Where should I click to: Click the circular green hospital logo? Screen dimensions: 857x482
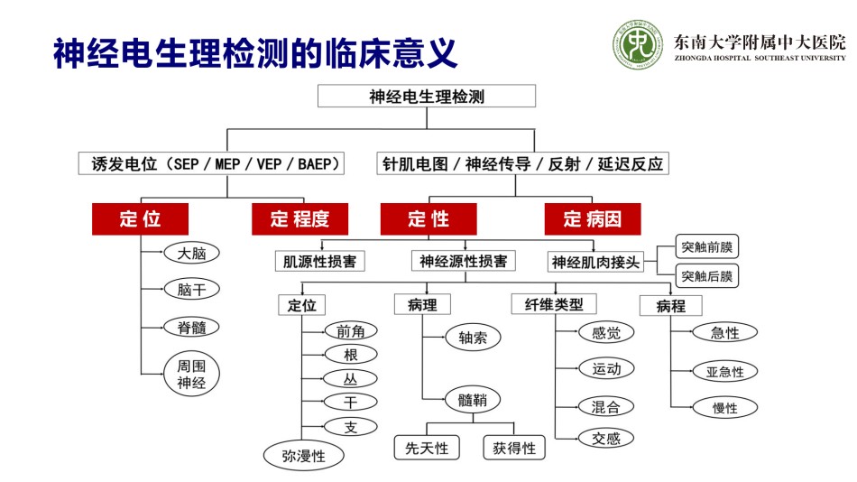tap(637, 45)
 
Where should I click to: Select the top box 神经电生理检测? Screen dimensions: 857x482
tap(427, 97)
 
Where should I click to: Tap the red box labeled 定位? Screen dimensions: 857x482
tap(141, 218)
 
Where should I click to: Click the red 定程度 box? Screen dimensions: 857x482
tap(299, 218)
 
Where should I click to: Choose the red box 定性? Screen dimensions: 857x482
tap(428, 218)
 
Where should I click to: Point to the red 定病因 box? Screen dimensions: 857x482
tap(593, 218)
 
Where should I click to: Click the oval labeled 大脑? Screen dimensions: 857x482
tap(192, 253)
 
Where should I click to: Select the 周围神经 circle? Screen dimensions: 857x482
tap(191, 375)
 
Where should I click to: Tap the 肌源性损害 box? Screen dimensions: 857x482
tap(319, 261)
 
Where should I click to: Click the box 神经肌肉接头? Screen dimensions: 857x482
tap(595, 262)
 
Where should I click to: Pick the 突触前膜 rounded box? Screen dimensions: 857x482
tap(706, 246)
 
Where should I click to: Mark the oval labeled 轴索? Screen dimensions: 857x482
tap(473, 338)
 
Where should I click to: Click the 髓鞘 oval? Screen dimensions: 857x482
tap(473, 400)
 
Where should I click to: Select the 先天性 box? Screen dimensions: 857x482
tap(427, 448)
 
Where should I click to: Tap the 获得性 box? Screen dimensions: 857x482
tap(514, 448)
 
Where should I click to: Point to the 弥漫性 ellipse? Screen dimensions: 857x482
tap(304, 455)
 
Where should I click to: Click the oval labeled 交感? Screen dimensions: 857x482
tap(606, 439)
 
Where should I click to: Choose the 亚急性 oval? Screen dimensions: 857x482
tap(724, 372)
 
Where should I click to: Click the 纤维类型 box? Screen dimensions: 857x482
tap(554, 304)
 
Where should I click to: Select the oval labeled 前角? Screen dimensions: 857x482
tap(350, 331)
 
